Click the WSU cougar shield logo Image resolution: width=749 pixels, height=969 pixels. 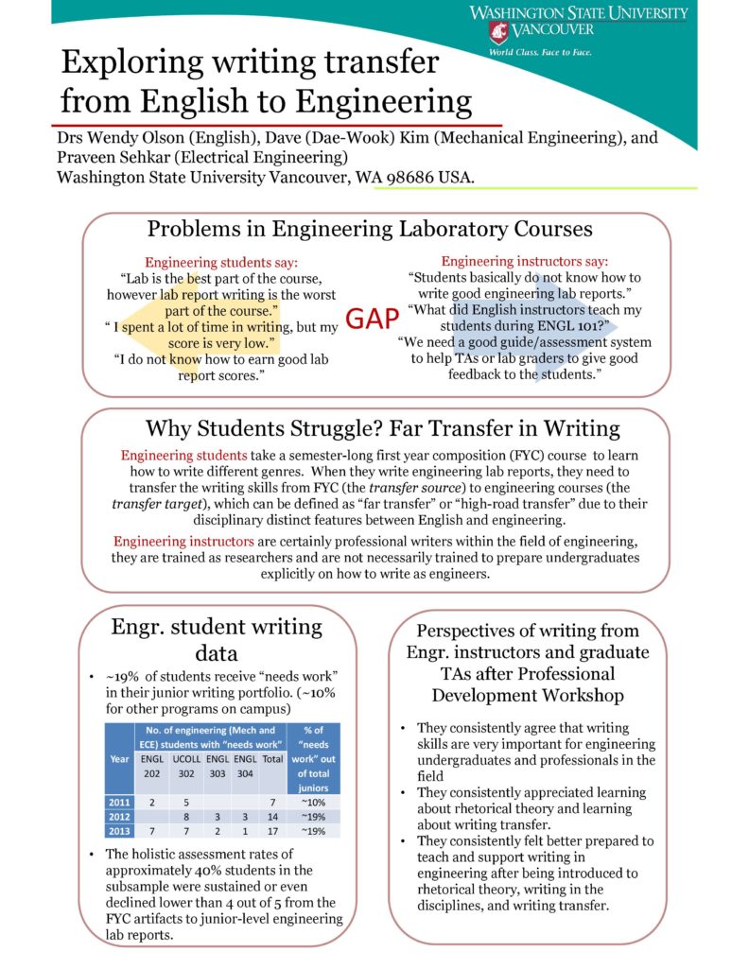(x=497, y=32)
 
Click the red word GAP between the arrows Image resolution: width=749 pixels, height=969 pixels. (x=373, y=320)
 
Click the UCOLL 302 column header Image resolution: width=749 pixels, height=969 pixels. (x=185, y=766)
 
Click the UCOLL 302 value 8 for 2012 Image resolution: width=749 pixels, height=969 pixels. (x=186, y=818)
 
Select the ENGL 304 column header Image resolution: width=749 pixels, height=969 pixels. (x=246, y=766)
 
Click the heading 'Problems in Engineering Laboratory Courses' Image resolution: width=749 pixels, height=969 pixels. (x=370, y=230)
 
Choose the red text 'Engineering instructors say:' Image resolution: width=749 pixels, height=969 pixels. (x=525, y=261)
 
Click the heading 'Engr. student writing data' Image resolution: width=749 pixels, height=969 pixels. (x=217, y=640)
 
